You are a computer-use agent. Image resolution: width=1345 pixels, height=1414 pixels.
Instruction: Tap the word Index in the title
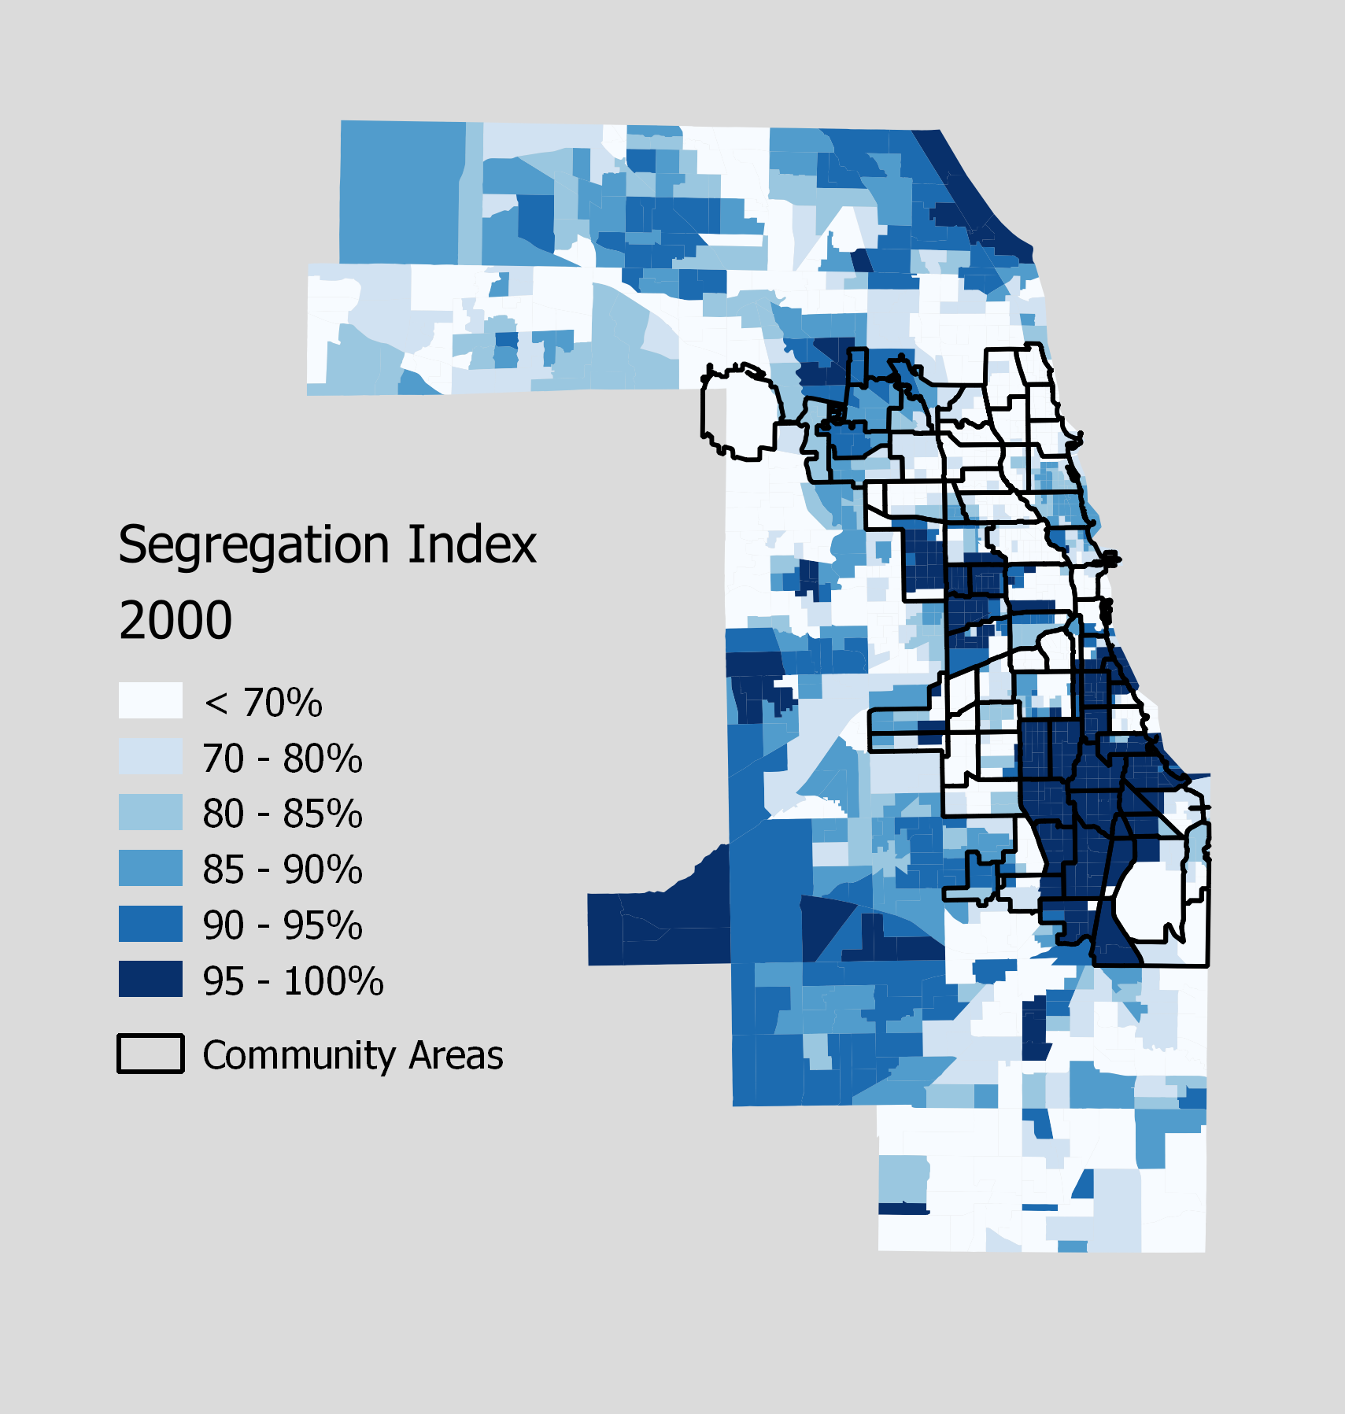[x=471, y=544]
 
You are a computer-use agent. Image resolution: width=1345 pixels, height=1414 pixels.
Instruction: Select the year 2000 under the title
[x=175, y=620]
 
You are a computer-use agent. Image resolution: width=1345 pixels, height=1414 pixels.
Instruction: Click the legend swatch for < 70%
[x=150, y=700]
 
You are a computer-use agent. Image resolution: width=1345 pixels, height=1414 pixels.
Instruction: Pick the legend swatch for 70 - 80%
[x=150, y=756]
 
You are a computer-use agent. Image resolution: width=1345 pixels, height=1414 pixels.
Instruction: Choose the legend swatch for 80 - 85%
[x=150, y=812]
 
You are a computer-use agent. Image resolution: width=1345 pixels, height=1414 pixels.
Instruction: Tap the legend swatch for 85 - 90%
[x=150, y=868]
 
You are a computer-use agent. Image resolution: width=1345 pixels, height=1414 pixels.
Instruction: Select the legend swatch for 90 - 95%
[x=150, y=924]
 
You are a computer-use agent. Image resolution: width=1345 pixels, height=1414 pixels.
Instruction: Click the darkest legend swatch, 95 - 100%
[x=150, y=979]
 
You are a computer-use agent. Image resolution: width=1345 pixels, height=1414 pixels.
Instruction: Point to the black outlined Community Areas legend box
[x=150, y=1054]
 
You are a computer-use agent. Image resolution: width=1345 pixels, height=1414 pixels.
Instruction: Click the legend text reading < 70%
[x=263, y=703]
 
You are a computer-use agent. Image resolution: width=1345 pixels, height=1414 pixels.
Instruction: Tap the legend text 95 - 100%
[x=293, y=981]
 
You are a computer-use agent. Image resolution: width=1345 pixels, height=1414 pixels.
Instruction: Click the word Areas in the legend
[x=456, y=1056]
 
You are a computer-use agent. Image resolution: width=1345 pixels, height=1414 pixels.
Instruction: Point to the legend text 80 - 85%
[x=283, y=814]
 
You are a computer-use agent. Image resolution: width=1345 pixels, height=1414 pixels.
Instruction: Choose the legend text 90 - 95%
[x=283, y=925]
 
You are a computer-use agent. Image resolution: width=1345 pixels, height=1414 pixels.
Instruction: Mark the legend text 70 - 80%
[x=283, y=759]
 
